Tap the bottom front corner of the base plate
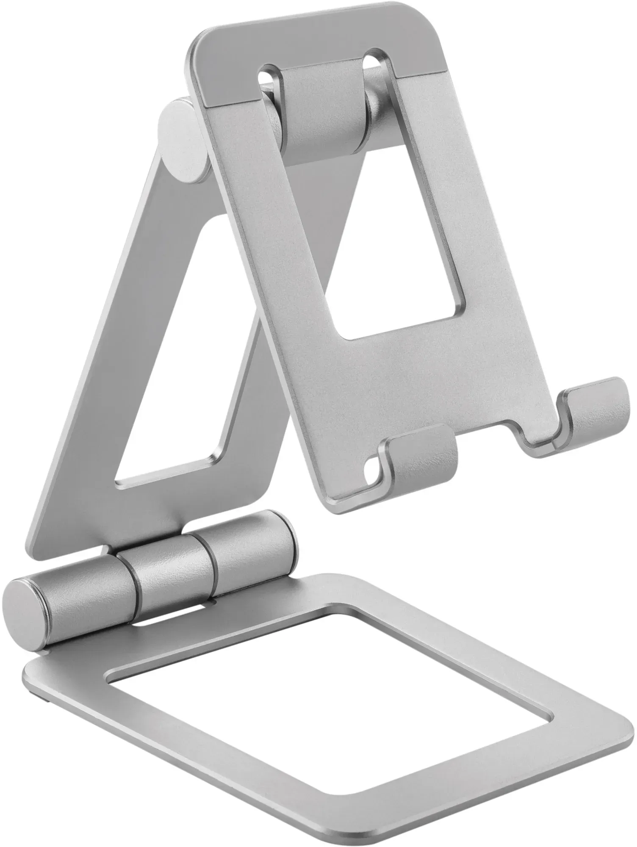coord(335,841)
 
